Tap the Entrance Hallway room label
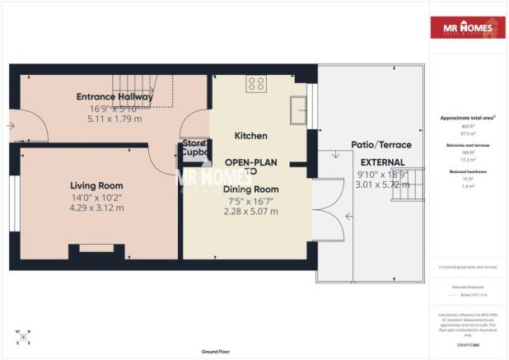pyautogui.click(x=110, y=96)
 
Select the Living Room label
pyautogui.click(x=96, y=185)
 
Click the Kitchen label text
pyautogui.click(x=250, y=135)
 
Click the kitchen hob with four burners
pyautogui.click(x=256, y=83)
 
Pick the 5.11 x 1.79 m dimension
pyautogui.click(x=110, y=118)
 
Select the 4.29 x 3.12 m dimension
pyautogui.click(x=96, y=208)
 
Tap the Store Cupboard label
pyautogui.click(x=194, y=147)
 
